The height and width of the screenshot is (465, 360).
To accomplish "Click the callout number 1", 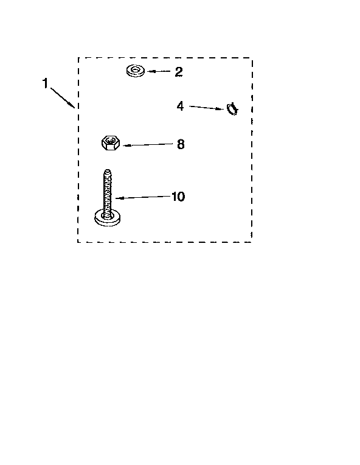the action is coord(45,83).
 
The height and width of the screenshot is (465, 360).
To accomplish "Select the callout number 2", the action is coord(179,72).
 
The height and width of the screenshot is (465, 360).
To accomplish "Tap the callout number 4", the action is coord(180,106).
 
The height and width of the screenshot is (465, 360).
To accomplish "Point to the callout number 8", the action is coord(181,144).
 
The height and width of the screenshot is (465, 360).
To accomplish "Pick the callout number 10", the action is coord(178,197).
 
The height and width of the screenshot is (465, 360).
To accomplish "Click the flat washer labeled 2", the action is coord(136,71).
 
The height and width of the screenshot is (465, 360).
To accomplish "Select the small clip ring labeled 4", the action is coord(232,109).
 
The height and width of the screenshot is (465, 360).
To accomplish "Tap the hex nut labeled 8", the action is coord(111,142).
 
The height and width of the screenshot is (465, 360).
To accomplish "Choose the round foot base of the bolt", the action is coord(107,219).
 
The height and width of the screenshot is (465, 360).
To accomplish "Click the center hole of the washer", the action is coord(136,70).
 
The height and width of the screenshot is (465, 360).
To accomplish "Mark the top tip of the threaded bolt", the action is coord(108,170).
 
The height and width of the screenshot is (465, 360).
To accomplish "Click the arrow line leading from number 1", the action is coord(62,97).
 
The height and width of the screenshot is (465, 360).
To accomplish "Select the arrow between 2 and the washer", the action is coord(159,71).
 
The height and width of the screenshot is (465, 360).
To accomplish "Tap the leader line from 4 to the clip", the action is coord(207,108).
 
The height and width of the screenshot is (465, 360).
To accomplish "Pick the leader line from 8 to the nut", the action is coord(148,145).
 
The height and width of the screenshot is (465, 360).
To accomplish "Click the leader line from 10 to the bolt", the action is coord(143,197).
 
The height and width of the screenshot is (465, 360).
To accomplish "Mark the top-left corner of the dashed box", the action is coord(78,58).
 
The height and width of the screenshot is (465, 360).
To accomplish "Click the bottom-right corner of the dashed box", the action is coord(252,242).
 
